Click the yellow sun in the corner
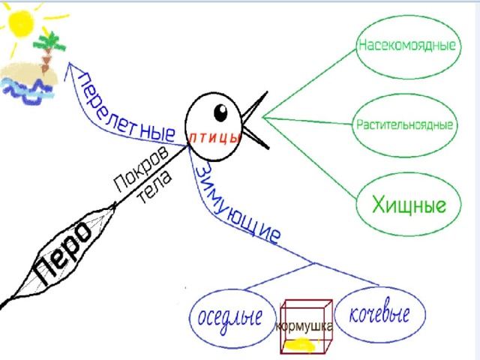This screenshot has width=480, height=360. [21, 24]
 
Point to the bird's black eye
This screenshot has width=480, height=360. [220, 112]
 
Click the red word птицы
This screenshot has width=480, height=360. [214, 138]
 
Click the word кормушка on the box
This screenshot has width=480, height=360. [304, 327]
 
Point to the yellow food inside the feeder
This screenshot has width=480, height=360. [300, 345]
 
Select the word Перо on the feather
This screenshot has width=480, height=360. [62, 253]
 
